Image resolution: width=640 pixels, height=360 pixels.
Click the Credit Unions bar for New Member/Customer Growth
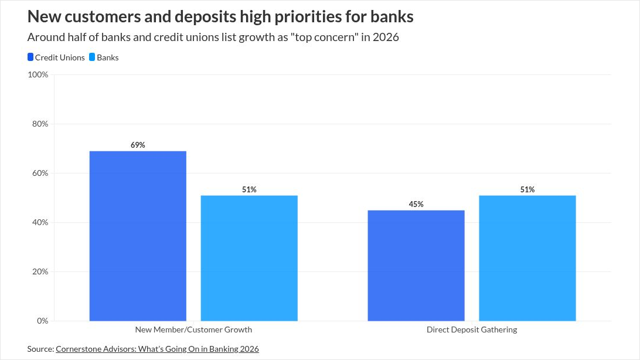coord(138,236)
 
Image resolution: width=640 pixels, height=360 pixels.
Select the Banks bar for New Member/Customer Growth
coord(249,258)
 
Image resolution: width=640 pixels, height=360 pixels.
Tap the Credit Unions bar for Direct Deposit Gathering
coord(416,265)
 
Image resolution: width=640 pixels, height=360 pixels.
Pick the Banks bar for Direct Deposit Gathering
coord(527,258)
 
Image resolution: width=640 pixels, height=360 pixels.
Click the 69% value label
coord(138,145)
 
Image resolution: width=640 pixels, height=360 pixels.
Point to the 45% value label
coord(416,204)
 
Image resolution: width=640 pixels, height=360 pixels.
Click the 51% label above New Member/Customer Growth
coord(249,189)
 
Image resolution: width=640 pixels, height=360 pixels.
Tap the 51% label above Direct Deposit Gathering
coord(527,189)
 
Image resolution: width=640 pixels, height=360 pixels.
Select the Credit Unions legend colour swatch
coord(30,57)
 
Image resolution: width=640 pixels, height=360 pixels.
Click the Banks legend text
coord(107,57)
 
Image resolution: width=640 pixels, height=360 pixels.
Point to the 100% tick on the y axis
coord(38,74)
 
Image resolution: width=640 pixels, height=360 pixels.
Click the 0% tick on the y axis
coord(42,321)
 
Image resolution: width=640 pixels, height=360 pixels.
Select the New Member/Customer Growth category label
coord(193,330)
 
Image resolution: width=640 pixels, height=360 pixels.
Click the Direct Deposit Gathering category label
coord(472,330)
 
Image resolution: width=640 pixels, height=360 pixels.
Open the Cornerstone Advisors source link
coord(157,349)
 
